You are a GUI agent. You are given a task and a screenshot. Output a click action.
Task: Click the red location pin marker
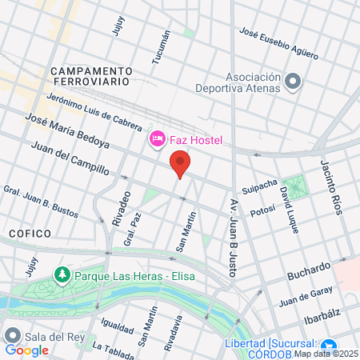coord(180,165)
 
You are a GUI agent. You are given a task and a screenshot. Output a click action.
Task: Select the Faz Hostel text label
coord(194,141)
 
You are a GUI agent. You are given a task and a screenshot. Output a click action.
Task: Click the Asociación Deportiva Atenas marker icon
coord(292,81)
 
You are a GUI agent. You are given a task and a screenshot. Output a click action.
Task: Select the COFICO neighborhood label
coord(30,233)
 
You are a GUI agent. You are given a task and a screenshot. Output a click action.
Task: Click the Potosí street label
coord(262,210)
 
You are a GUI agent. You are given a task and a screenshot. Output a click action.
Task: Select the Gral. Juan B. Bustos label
coord(40,202)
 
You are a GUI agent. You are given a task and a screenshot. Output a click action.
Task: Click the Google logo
coord(26,350)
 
